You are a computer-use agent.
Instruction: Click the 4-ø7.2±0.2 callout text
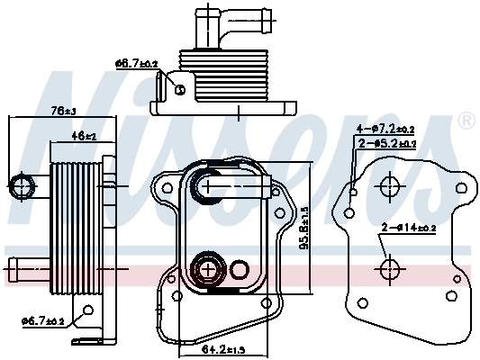[x=386, y=129]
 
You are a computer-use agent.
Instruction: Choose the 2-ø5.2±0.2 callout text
[x=388, y=143]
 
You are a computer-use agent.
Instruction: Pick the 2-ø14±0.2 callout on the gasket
[x=408, y=229]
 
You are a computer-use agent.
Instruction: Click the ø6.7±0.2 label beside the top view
[x=137, y=63]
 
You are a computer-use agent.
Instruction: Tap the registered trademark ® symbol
[x=466, y=121]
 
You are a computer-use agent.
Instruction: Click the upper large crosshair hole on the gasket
[x=390, y=188]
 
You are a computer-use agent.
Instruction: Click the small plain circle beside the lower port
[x=240, y=268]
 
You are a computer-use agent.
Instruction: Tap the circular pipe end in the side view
[x=23, y=187]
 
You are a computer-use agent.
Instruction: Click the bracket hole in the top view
[x=179, y=89]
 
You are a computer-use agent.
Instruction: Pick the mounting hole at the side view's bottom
[x=87, y=310]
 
